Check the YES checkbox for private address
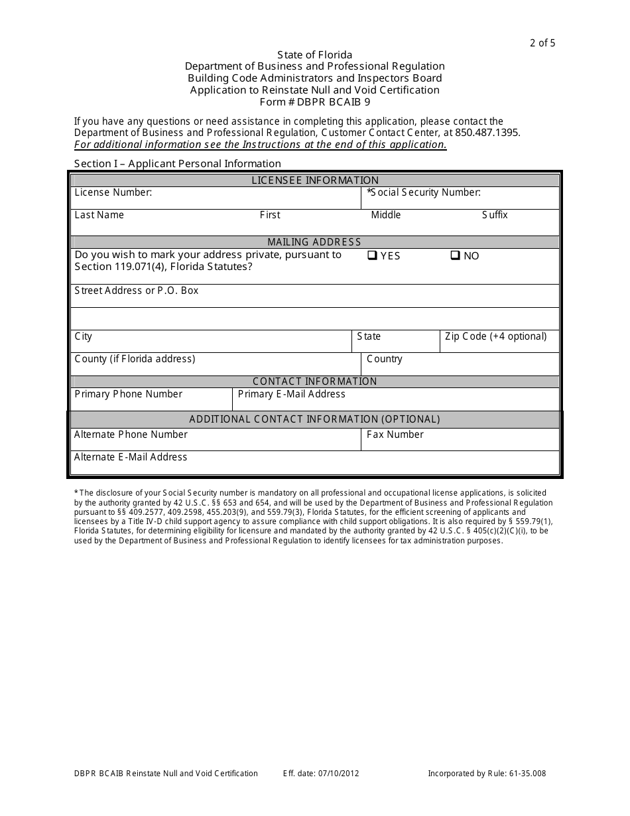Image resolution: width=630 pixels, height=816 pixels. click(x=372, y=255)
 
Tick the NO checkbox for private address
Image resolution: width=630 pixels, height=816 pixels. click(x=455, y=255)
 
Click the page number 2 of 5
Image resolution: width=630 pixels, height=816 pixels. click(x=542, y=43)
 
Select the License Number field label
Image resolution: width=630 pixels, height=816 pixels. click(x=113, y=192)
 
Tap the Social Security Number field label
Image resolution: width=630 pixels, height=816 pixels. click(x=424, y=192)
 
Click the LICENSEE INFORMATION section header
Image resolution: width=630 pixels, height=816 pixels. click(x=315, y=180)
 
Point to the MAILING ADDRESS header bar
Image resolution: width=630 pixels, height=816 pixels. click(x=315, y=242)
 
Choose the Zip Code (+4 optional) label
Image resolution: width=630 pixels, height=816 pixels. click(x=495, y=336)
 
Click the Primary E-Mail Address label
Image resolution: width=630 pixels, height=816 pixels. click(x=291, y=394)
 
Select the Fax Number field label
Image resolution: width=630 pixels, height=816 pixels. click(x=395, y=435)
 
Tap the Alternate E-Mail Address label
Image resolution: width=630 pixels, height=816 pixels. click(x=131, y=457)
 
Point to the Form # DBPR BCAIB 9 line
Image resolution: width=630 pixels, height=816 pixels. click(x=315, y=102)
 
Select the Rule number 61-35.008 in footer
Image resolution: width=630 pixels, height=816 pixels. click(x=524, y=774)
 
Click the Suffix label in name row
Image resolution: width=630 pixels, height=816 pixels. click(x=495, y=215)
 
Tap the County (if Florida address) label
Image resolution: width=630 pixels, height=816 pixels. click(x=135, y=359)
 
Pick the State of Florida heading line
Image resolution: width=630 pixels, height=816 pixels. click(x=315, y=55)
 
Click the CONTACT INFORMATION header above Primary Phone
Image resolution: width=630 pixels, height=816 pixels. click(x=315, y=381)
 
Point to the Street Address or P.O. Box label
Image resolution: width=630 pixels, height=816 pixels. click(x=137, y=291)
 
